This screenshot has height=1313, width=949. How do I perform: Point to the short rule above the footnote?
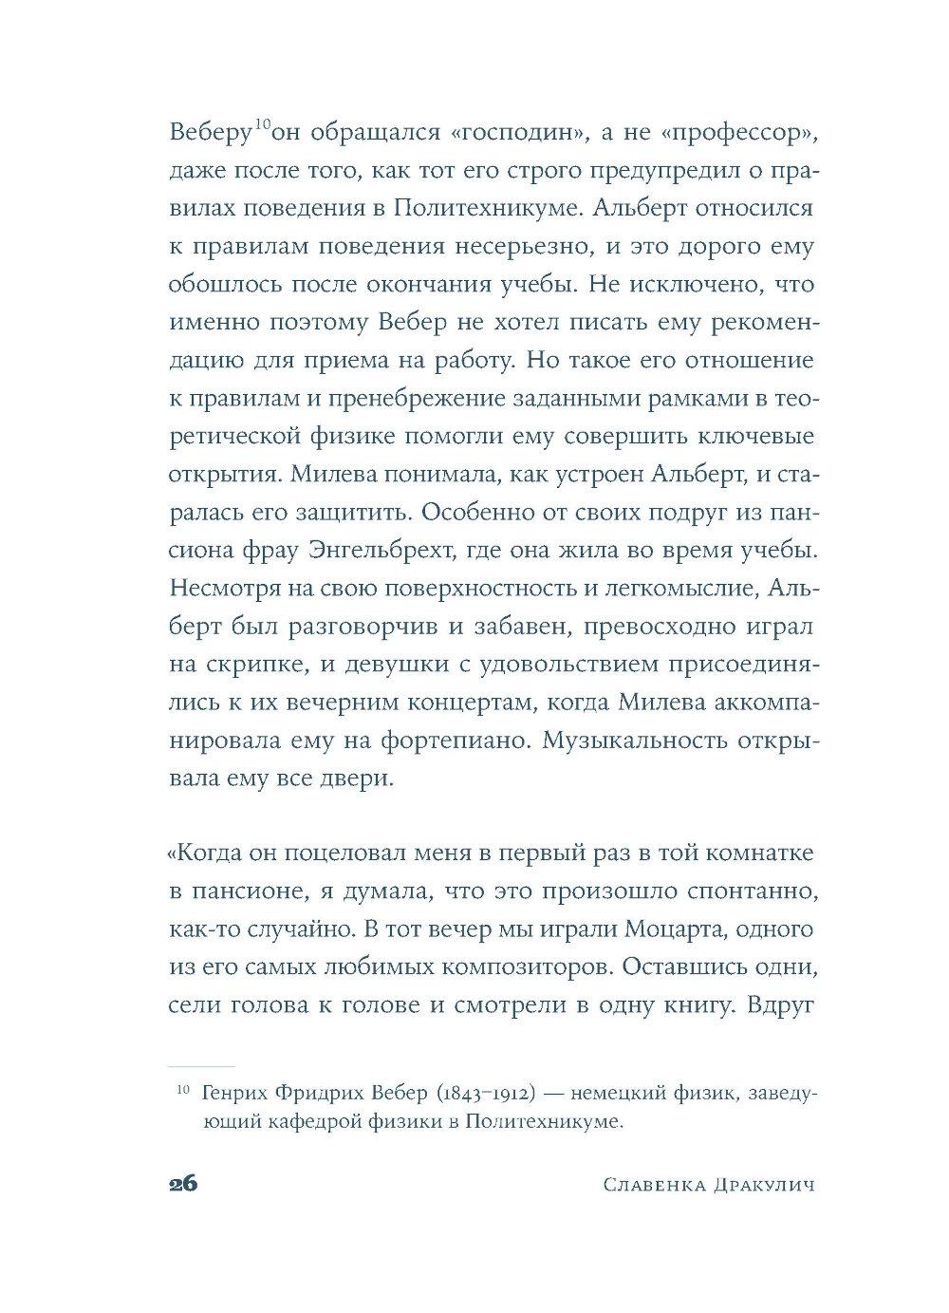[200, 1066]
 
